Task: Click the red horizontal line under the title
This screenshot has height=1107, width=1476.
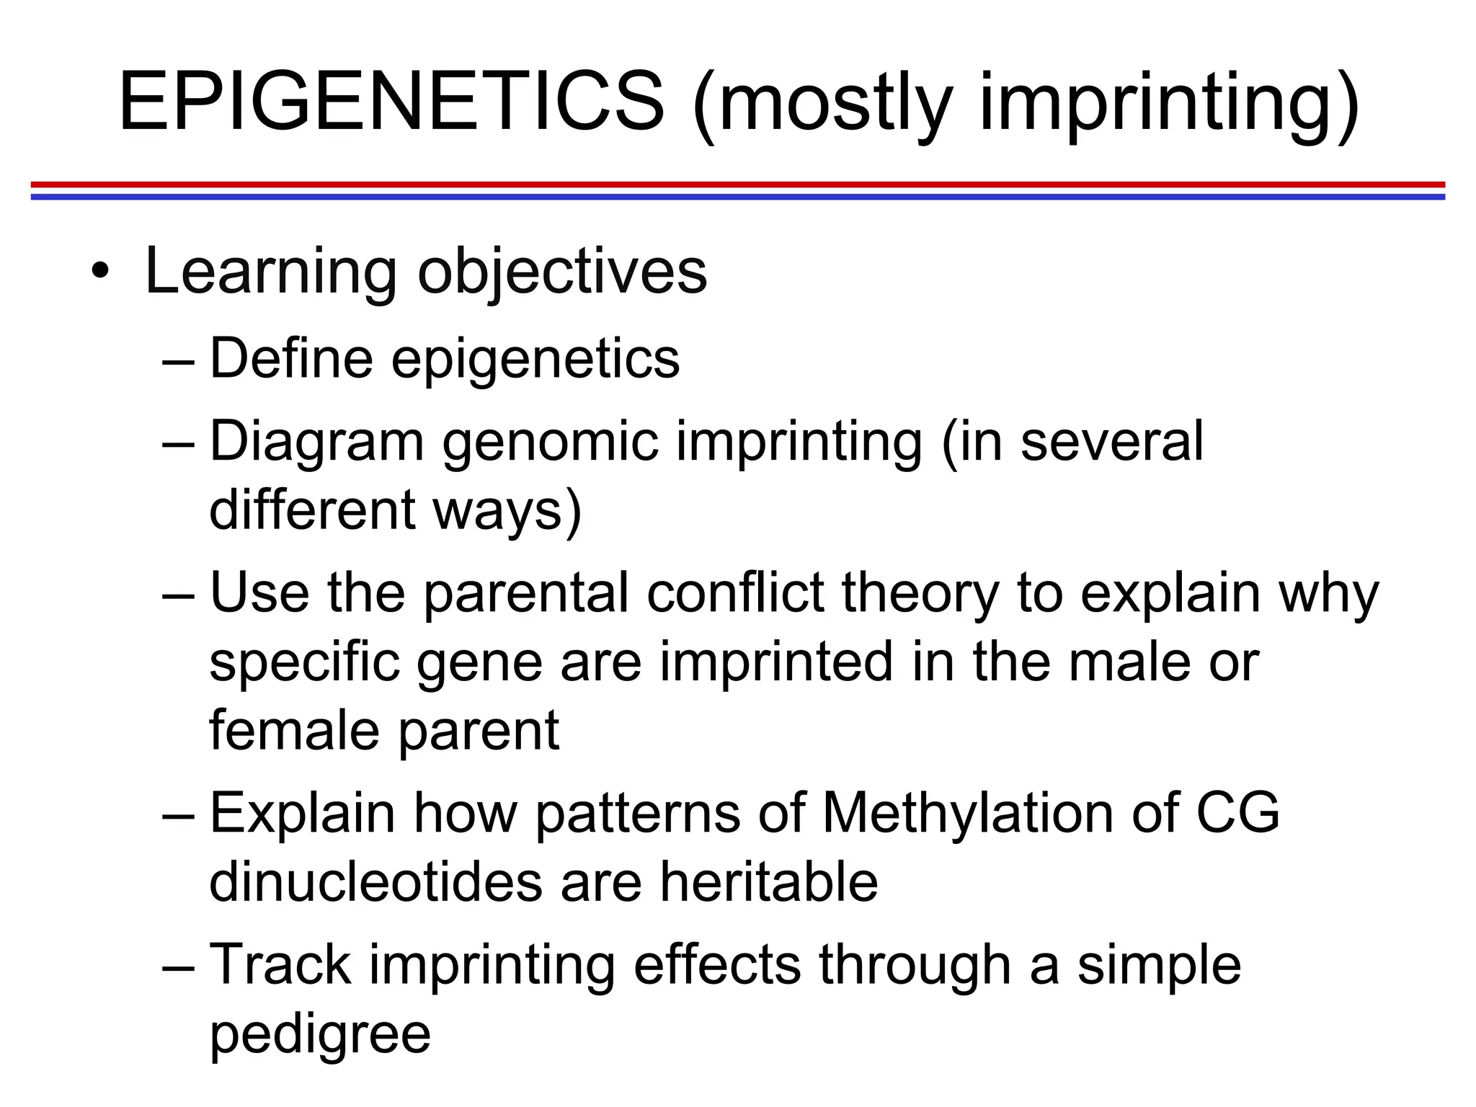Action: [738, 184]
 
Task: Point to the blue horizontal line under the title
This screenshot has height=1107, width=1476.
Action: [738, 197]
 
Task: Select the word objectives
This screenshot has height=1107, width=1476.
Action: [562, 272]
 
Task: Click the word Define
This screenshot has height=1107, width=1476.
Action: [291, 357]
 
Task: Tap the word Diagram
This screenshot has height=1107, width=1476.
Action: [316, 440]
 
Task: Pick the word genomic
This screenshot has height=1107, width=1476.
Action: [551, 440]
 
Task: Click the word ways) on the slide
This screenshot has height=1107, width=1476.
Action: [507, 509]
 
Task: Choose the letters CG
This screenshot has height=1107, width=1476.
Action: [1237, 812]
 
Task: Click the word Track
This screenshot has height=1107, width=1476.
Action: [280, 964]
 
